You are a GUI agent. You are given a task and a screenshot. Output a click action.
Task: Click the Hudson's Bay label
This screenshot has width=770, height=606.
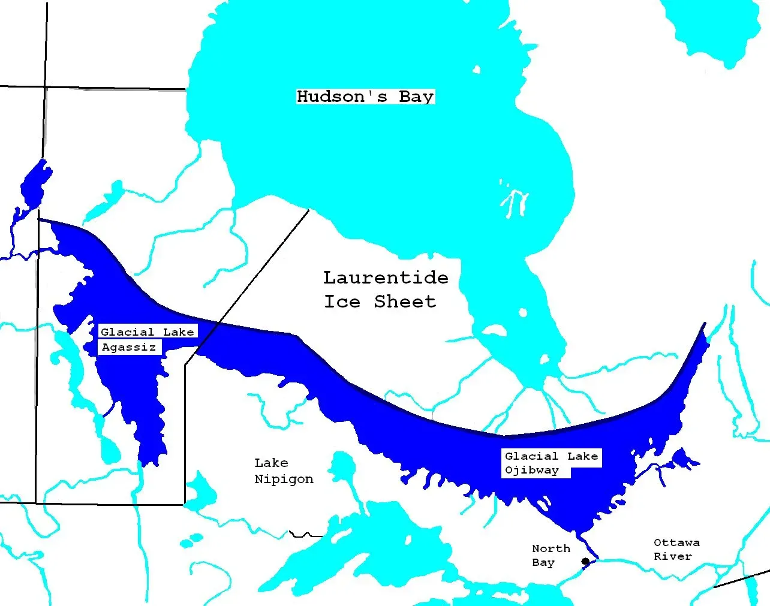coord(365,97)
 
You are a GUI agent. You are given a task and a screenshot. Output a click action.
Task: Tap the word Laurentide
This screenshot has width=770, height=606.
coord(386,278)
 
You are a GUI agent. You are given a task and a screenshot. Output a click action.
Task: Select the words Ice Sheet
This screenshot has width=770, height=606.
coord(380,302)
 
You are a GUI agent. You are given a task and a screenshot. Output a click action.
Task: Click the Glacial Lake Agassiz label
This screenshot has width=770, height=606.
coord(146,339)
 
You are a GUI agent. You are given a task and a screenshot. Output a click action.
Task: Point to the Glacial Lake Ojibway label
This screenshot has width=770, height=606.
coord(551,463)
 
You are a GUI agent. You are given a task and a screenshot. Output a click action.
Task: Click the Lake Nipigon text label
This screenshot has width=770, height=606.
coord(284,471)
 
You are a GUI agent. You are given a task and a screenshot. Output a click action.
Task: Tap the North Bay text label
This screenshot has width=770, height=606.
coord(551,555)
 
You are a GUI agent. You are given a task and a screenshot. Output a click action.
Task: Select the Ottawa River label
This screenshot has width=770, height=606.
coord(676,549)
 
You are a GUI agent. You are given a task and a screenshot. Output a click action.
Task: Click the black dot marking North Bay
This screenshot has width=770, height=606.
coord(585,562)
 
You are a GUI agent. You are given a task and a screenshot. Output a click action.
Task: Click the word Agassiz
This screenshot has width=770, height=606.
coord(129,347)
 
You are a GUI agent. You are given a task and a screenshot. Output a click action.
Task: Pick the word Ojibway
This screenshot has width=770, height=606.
coord(532,471)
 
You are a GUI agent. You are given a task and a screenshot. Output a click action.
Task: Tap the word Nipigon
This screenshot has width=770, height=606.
coord(284,479)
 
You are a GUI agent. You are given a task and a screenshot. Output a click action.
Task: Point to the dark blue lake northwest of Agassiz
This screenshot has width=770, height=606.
coord(35,183)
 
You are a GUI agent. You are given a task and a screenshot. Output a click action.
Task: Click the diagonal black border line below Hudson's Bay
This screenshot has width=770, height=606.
coord(252,282)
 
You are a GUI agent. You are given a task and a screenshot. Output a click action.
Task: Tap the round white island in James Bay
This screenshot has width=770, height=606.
coord(523,313)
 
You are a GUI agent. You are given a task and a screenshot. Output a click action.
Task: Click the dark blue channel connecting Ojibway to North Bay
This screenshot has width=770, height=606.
coord(589,547)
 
